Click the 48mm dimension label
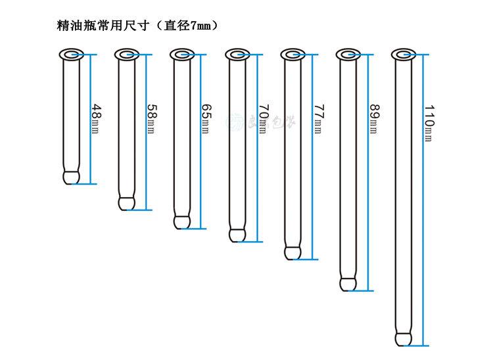point(97,114)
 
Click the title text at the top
point(138,27)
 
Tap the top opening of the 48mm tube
point(70,53)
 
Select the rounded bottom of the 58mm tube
point(126,202)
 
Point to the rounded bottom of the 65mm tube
point(181,221)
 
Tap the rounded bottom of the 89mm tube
point(348,283)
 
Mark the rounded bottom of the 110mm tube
point(404,338)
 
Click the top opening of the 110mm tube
point(404,53)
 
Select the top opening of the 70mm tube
point(237,53)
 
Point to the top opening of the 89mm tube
point(348,53)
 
